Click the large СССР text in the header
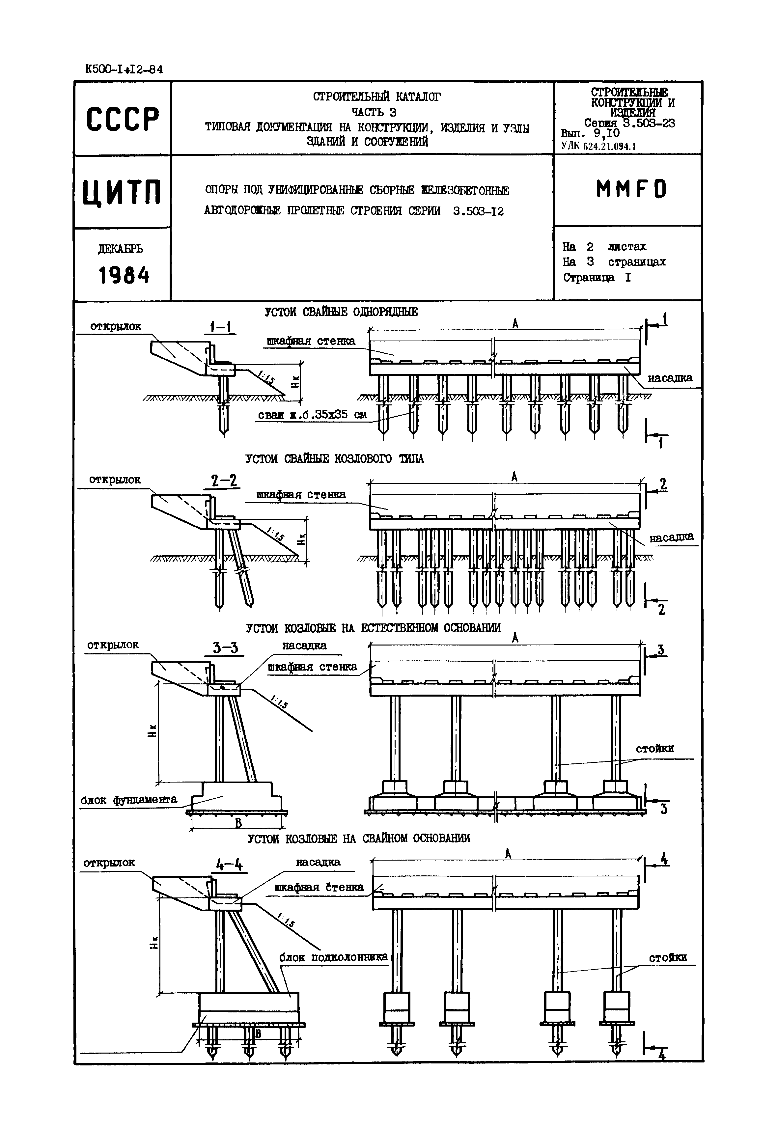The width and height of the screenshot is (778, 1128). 123,119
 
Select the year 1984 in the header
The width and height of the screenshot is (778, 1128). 124,276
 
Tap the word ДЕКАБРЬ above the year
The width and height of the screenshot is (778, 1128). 121,249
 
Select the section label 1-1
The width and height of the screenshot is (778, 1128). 220,327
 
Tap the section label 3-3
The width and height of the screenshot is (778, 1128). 225,648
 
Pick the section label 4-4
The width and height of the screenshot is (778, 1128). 229,865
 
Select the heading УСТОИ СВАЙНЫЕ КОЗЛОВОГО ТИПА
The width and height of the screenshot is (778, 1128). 334,459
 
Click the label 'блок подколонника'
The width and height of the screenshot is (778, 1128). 333,957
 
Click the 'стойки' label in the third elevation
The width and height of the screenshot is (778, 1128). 655,748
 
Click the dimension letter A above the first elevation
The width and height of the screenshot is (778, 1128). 515,323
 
